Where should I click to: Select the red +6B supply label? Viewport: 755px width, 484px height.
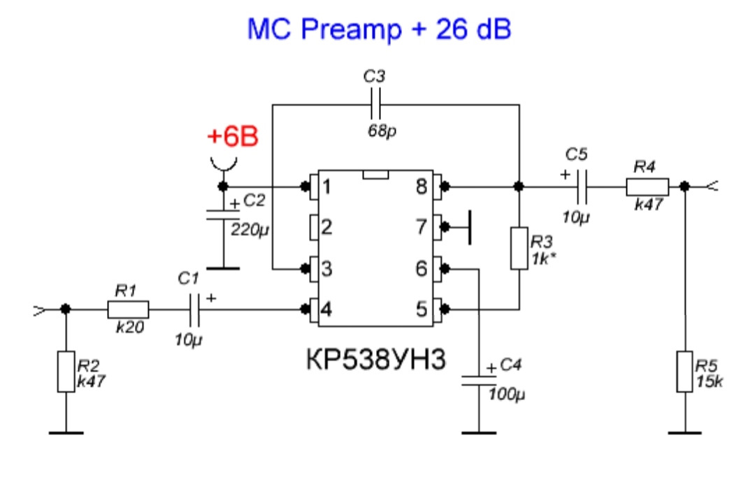[x=233, y=136]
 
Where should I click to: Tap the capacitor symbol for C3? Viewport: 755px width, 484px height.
[x=375, y=104]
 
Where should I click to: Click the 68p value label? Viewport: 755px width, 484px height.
[x=382, y=131]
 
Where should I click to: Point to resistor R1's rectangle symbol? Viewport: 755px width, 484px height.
[x=128, y=309]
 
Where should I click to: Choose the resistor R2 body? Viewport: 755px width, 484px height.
[x=66, y=372]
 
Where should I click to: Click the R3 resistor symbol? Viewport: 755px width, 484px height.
[x=519, y=248]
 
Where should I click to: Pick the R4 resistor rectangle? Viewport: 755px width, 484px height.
[x=647, y=186]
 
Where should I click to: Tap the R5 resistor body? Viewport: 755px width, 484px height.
[x=684, y=372]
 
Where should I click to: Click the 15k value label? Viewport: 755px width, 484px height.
[x=710, y=382]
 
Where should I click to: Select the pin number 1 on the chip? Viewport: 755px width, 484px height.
[x=326, y=186]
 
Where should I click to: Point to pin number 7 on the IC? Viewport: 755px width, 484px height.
[x=422, y=227]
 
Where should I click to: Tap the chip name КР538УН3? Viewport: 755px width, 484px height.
[x=376, y=360]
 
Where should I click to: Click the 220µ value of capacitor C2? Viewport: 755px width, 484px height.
[x=249, y=230]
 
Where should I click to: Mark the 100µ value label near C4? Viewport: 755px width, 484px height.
[x=507, y=395]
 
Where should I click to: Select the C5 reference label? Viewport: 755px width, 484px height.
[x=576, y=154]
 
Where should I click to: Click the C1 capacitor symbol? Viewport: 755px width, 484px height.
[x=194, y=309]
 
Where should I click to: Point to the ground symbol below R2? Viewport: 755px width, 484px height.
[x=66, y=433]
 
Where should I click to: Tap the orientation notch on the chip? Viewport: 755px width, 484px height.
[x=375, y=174]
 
